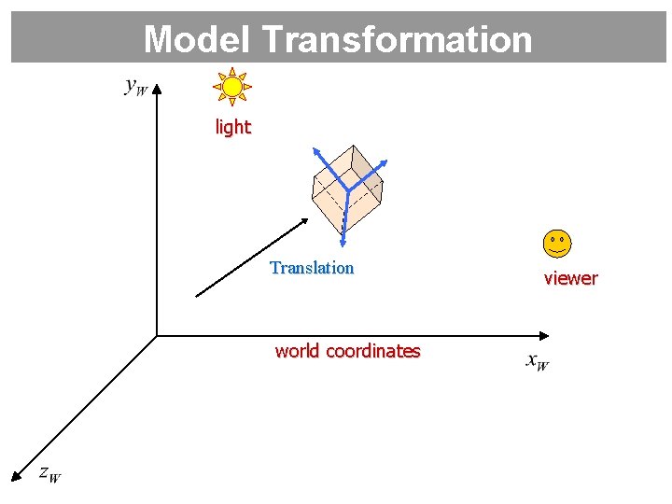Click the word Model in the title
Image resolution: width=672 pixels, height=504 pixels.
click(x=198, y=39)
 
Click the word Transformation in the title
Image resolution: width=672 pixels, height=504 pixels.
click(x=398, y=39)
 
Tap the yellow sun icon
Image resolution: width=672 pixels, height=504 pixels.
click(x=232, y=87)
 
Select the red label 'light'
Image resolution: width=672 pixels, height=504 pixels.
click(x=232, y=127)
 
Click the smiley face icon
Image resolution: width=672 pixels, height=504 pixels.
click(x=556, y=244)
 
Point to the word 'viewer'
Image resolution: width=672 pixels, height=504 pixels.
click(x=570, y=278)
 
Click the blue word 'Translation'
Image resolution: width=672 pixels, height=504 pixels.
click(x=312, y=268)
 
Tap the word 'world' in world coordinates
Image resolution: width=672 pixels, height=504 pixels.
click(x=297, y=351)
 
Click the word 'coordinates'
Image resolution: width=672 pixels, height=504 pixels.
click(x=371, y=351)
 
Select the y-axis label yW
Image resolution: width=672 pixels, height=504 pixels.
click(x=135, y=88)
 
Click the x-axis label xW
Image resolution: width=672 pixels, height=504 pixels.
click(x=537, y=361)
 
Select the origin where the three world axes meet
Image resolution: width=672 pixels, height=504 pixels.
click(x=157, y=335)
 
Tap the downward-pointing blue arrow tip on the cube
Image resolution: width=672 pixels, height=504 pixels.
click(x=343, y=244)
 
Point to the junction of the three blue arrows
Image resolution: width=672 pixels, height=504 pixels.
click(x=347, y=190)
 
